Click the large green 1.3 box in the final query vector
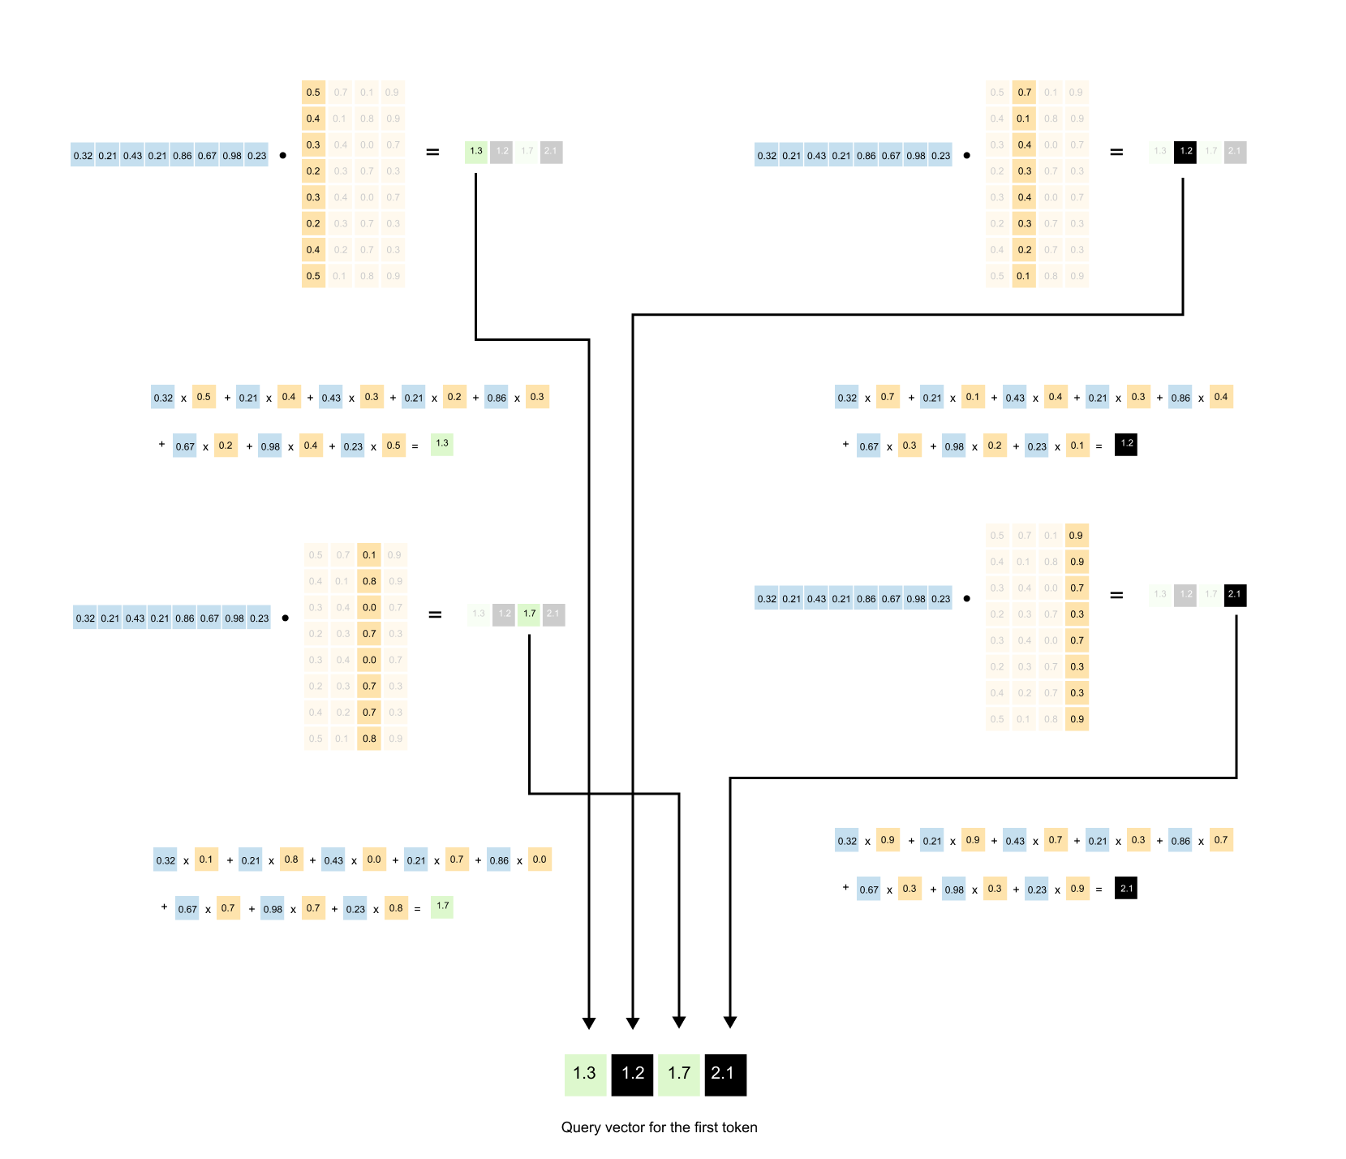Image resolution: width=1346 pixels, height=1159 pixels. point(585,1075)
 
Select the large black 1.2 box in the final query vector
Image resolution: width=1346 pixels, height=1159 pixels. point(632,1075)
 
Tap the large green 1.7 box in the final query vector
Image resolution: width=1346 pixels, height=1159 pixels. point(679,1075)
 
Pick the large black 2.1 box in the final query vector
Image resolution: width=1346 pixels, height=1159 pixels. point(725,1075)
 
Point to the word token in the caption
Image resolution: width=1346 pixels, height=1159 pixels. point(738,1127)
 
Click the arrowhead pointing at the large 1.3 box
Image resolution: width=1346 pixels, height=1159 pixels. point(589,1023)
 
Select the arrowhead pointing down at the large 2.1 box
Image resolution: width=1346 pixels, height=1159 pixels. point(730,1023)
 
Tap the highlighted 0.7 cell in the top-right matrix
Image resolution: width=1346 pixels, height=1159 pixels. point(1024,93)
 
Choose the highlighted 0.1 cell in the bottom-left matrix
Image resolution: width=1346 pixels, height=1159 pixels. point(369,555)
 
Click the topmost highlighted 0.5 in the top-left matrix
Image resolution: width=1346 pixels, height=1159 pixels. point(313,93)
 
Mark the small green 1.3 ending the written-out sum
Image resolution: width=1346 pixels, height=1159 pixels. point(442,444)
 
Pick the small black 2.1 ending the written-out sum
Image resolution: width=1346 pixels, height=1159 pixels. point(1126,889)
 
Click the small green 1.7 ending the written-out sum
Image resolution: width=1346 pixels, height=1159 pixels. point(442,907)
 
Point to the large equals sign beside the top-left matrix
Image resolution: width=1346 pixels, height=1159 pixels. point(432,152)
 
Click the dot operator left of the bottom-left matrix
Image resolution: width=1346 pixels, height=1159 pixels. point(285,618)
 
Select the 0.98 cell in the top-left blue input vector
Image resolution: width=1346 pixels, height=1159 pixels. point(232,155)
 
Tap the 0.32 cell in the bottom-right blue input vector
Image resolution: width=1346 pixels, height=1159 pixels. point(767,599)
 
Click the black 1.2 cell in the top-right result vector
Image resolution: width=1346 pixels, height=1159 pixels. point(1185,152)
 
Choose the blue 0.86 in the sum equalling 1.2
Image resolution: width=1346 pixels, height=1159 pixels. point(1180,398)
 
